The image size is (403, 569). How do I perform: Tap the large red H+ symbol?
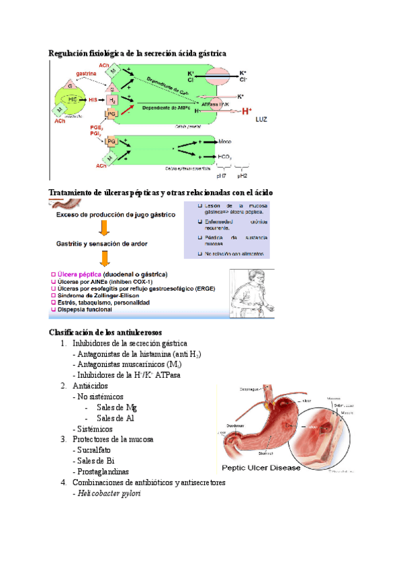(x=247, y=111)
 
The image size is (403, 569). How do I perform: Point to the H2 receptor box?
(x=113, y=100)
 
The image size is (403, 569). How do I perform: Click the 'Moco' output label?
(x=226, y=142)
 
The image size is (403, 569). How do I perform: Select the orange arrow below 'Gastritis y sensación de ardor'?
(x=104, y=258)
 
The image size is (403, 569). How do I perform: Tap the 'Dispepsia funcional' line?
(x=91, y=309)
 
